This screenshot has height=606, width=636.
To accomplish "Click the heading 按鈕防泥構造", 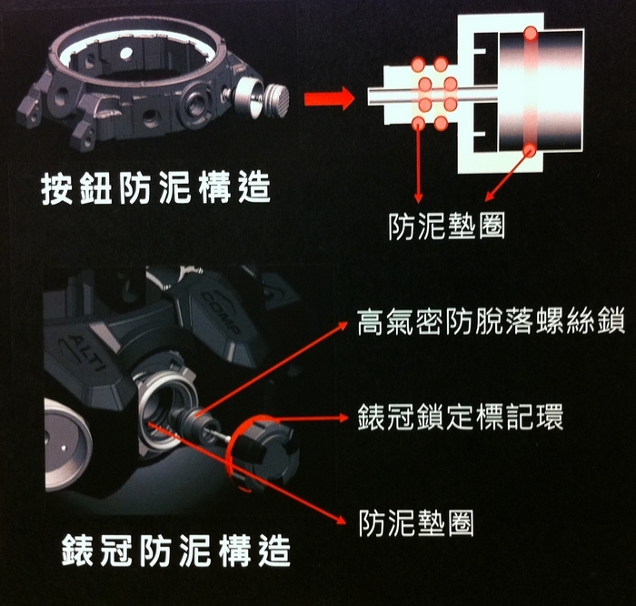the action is pos(155,188).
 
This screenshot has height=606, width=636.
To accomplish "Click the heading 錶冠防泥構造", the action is pos(176,550).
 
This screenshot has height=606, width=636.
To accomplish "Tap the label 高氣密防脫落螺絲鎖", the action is pos(491,322).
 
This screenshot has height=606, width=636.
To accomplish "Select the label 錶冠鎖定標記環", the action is pos(461,417).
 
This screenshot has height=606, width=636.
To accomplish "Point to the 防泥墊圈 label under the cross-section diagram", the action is pos(447,227).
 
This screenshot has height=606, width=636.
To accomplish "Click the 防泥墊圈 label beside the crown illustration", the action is pos(416,522).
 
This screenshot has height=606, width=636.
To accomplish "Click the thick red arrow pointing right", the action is pos(329,98).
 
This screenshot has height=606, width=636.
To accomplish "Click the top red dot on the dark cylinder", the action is pos(530,33).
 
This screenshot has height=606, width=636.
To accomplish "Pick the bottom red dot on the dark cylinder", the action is pos(529,151).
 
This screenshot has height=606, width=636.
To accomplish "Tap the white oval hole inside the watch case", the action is pos(126,52).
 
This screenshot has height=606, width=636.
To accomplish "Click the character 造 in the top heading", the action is pos(254,188).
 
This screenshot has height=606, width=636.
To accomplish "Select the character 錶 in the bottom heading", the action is pos(78,550).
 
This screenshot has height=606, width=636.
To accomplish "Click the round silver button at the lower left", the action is pos(67,445).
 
